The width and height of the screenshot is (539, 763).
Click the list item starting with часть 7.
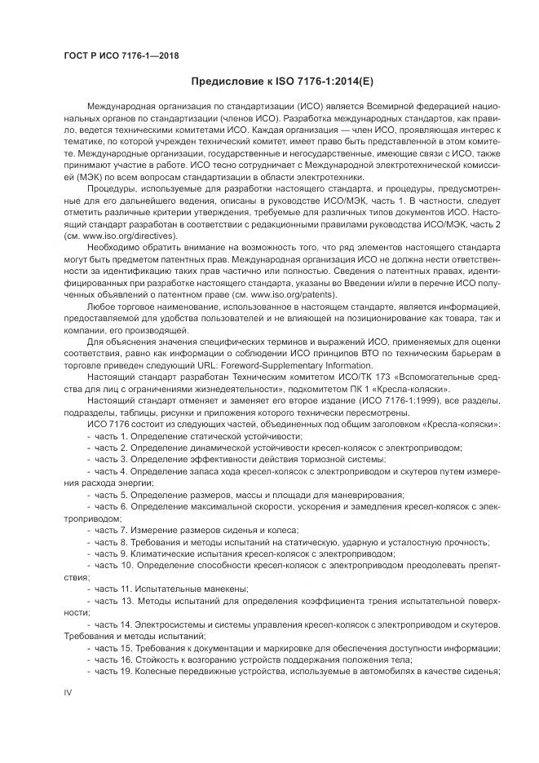click(197, 530)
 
